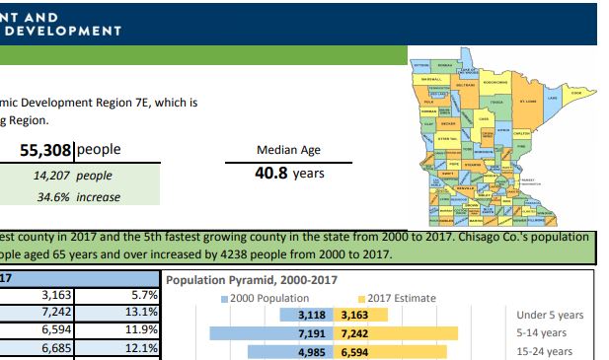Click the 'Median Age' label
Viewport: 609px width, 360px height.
(288, 151)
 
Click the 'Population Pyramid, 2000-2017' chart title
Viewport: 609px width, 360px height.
(252, 280)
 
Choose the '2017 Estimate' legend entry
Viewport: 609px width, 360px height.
(399, 298)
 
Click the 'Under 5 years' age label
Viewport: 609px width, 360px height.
(550, 316)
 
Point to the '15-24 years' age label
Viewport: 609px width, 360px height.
(544, 351)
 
